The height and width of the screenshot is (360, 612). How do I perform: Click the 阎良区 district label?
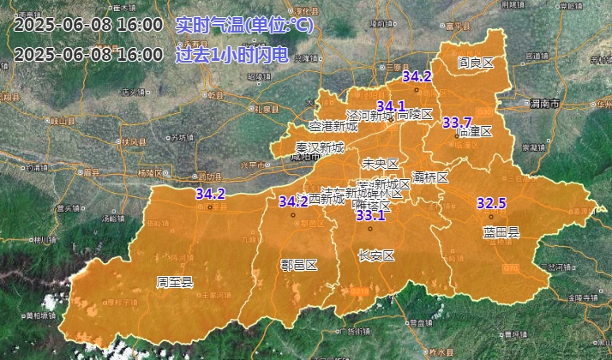[x=476, y=63]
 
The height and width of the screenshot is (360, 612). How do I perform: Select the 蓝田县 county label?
[x=501, y=231]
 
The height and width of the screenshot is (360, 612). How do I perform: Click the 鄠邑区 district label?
[x=299, y=265]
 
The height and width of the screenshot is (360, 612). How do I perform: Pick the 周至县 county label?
[x=175, y=281]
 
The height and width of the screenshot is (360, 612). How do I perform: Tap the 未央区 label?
[x=381, y=163]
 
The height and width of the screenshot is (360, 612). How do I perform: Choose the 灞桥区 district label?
[x=430, y=177]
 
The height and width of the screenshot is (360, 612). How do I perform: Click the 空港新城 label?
[x=334, y=125]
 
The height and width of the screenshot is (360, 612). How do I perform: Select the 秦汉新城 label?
[x=319, y=147]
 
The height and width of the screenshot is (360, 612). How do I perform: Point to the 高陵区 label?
[x=416, y=114]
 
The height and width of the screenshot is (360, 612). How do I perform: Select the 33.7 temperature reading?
[x=457, y=122]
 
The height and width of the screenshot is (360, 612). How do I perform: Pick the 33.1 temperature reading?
[x=370, y=215]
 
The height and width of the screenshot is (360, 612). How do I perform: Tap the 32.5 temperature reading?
[x=491, y=203]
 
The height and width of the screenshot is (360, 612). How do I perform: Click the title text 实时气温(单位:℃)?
[x=244, y=25]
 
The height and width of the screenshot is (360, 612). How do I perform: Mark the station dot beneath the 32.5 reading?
[x=491, y=216]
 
